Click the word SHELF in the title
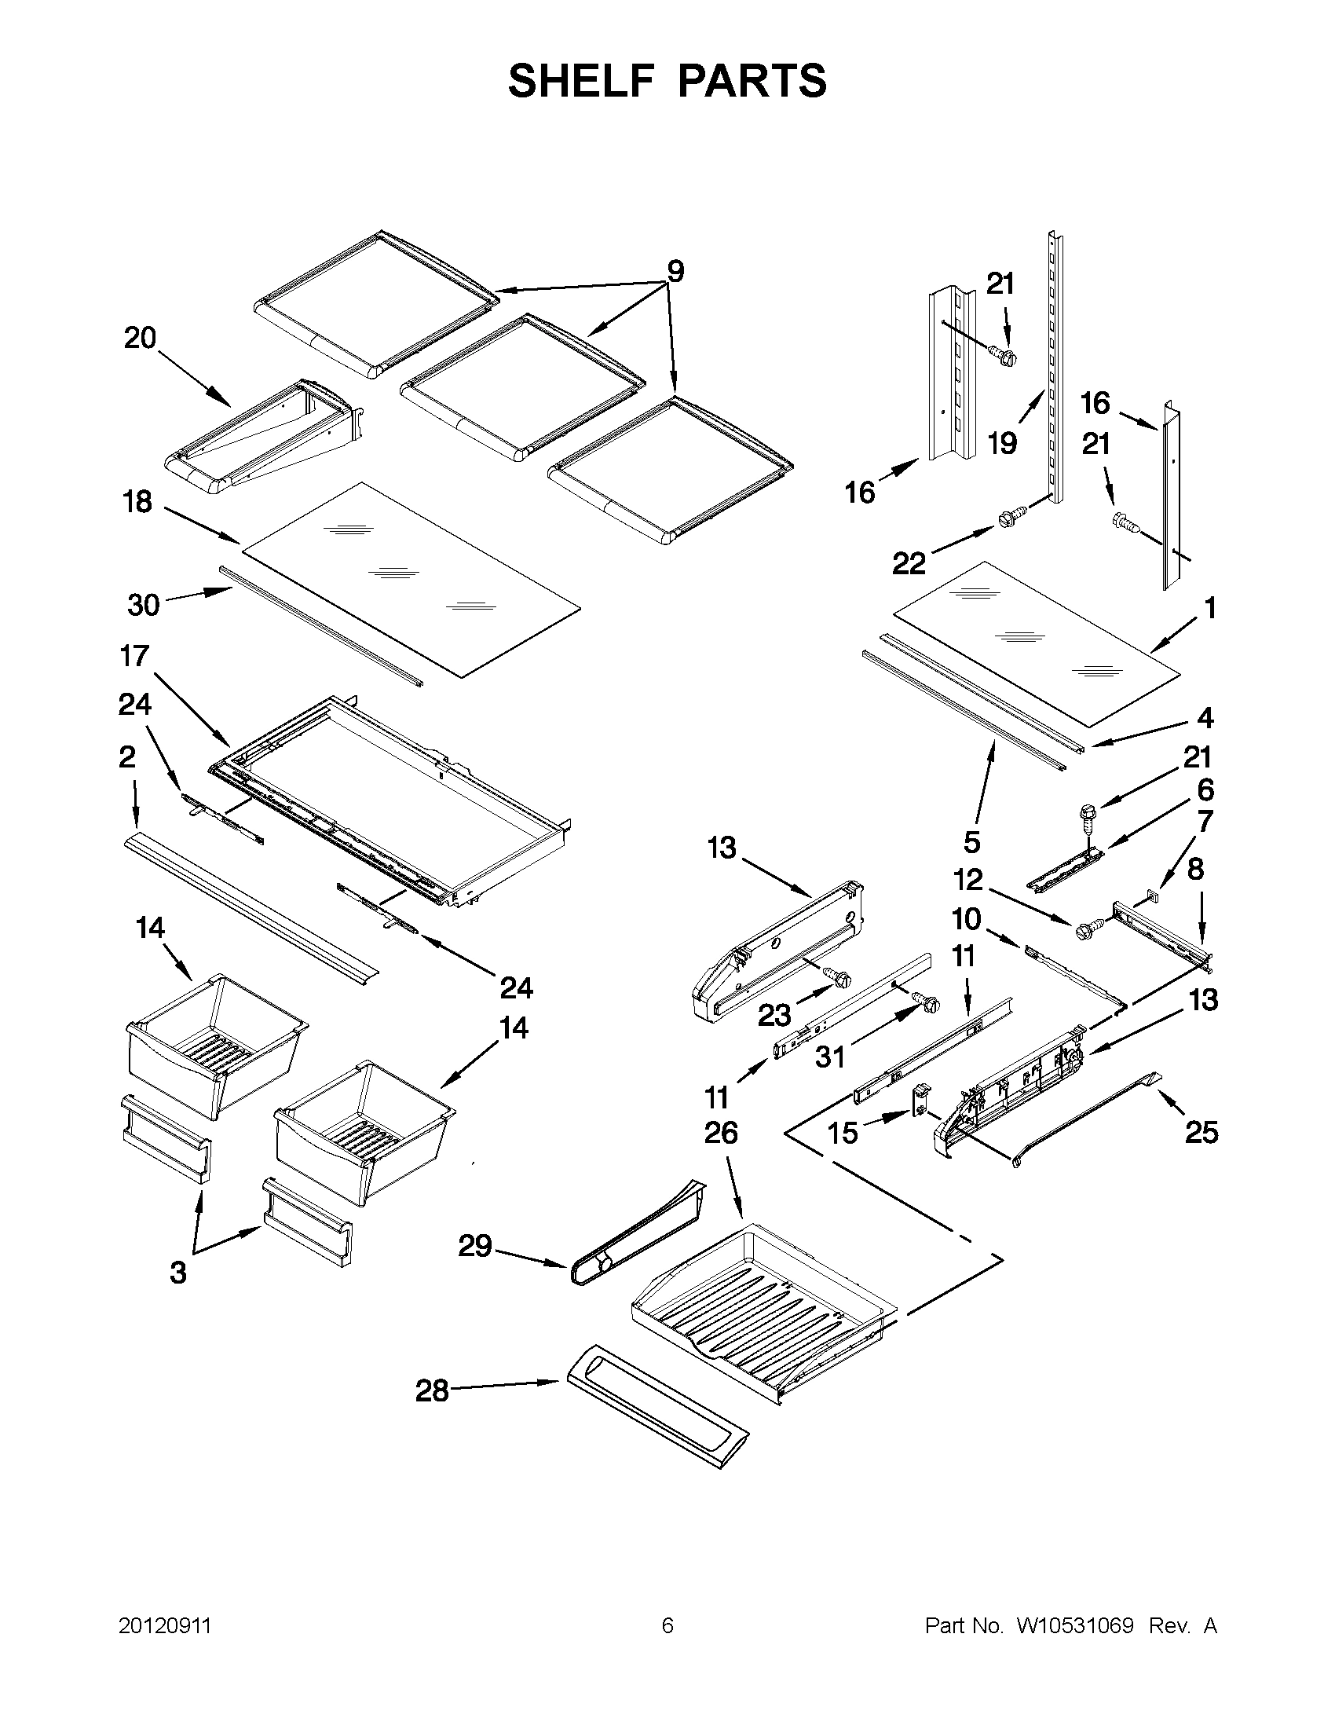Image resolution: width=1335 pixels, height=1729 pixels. (581, 82)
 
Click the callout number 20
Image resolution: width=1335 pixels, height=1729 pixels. (140, 338)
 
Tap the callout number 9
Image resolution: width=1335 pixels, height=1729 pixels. (675, 272)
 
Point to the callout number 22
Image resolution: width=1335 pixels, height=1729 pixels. (909, 564)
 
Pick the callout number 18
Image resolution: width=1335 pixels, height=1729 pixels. (137, 501)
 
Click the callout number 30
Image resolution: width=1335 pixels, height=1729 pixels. (143, 605)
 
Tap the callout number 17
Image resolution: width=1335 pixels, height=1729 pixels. (134, 655)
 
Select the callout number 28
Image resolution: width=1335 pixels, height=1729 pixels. (432, 1391)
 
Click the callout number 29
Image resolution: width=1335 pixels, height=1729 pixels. (475, 1245)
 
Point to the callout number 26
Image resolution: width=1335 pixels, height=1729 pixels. (721, 1133)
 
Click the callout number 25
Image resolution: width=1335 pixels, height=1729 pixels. (1201, 1132)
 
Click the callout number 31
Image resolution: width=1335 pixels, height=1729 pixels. (830, 1057)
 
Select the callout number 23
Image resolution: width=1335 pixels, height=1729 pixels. (774, 1015)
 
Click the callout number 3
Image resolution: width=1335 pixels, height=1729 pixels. (178, 1273)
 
